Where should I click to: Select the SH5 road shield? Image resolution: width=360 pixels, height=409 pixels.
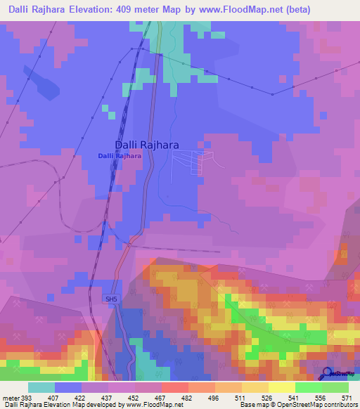(x=111, y=299)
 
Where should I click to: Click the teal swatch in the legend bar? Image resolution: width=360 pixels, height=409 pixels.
(x=41, y=387)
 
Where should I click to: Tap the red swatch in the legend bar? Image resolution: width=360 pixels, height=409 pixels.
(x=174, y=387)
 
